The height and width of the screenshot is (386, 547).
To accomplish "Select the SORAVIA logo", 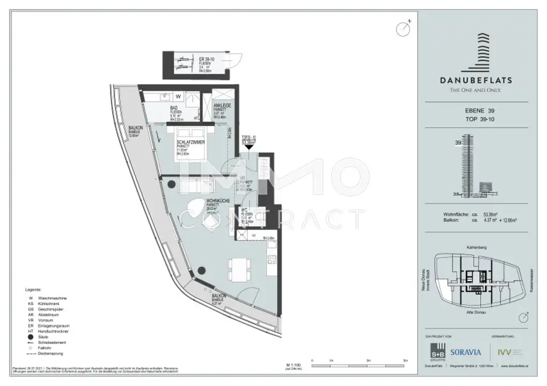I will point(466,352).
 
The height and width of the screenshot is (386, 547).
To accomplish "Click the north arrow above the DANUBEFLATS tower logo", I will point(403,28).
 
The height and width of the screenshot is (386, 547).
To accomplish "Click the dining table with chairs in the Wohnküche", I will point(238,270).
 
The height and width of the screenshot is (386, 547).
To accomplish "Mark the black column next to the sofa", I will point(171,184).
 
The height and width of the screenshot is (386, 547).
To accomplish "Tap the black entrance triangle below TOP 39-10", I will point(248,153).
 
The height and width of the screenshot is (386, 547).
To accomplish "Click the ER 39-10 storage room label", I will point(206,59).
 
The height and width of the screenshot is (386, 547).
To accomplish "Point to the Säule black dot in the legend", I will point(33,337).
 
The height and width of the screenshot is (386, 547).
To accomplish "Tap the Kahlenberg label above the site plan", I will point(475,248).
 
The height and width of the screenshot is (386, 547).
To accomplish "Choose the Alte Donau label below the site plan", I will point(475,311).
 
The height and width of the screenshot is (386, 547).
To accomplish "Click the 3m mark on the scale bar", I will point(369,361).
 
